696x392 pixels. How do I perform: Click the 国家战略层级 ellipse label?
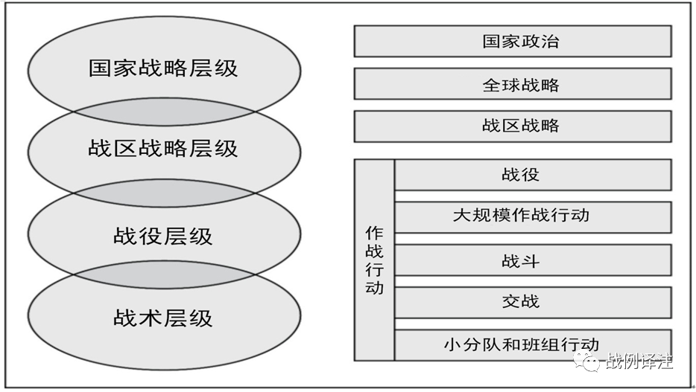pos(163,68)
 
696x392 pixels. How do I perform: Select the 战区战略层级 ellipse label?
pos(163,148)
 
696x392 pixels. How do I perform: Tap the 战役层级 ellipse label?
pos(163,236)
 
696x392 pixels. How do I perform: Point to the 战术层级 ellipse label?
pos(163,318)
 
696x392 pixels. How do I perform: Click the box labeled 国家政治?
pos(513,41)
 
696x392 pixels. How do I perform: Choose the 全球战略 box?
pos(513,84)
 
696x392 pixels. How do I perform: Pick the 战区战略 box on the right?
pos(513,126)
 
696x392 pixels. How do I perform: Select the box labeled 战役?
pos(533,175)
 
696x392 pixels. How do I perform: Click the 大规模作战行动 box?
pos(533,217)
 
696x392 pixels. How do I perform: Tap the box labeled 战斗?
pos(533,260)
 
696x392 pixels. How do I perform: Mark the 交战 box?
pos(533,303)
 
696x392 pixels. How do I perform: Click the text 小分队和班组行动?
pos(522,344)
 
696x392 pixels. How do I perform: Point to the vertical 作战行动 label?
pos(374,260)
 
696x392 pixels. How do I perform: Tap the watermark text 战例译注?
pos(639,361)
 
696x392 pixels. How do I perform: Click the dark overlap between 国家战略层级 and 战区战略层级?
pos(164,112)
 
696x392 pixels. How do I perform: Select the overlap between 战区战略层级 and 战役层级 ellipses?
pos(164,193)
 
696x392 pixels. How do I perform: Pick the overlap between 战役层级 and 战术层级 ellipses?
pos(164,274)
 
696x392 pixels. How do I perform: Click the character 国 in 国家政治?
pos(491,41)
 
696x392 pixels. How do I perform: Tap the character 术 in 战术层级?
pos(151,318)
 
